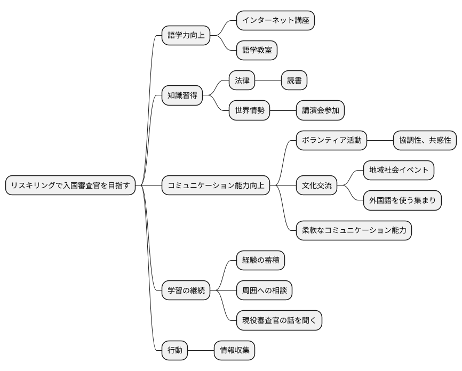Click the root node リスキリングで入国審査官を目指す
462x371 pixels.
coord(70,185)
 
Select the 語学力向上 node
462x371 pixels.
coord(186,36)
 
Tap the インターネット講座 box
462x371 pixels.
coord(275,20)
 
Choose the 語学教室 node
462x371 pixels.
coord(257,51)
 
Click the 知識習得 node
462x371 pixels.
coord(182,96)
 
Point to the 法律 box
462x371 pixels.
coord(242,80)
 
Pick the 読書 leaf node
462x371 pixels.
coord(294,80)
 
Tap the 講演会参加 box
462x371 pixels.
coord(320,111)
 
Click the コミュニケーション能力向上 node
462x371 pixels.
coord(216,185)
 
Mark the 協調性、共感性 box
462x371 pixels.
coord(425,140)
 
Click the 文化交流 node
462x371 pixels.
coord(317,185)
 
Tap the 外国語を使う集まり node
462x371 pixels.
coord(402,201)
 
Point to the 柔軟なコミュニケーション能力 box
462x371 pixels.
coord(354,231)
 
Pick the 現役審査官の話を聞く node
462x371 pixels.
coord(279,320)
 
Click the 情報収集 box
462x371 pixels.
coord(234,350)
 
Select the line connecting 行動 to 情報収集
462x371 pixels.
coord(201,350)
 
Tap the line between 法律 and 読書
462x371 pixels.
coord(268,80)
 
